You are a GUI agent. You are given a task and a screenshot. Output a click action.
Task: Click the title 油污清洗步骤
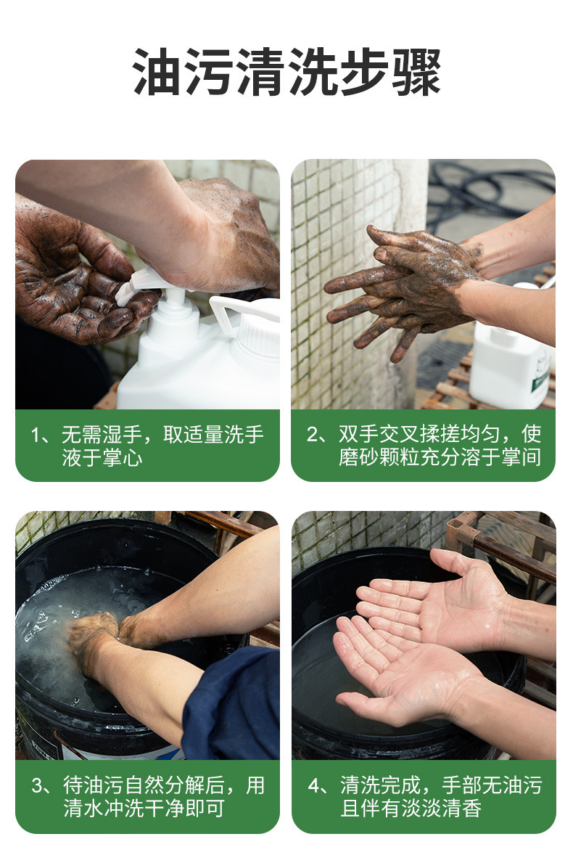pos(286,72)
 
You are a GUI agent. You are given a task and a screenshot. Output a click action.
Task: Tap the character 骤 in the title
pos(416,72)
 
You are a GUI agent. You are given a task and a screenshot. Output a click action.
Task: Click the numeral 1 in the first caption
pos(36,435)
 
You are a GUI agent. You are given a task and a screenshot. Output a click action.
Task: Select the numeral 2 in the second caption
pos(313,435)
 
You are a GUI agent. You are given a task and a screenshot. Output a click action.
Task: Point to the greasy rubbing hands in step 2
pos(404,289)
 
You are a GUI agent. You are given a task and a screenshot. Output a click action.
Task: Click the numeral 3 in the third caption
pos(38,785)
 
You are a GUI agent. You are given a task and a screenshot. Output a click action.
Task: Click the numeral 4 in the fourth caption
pos(313,785)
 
